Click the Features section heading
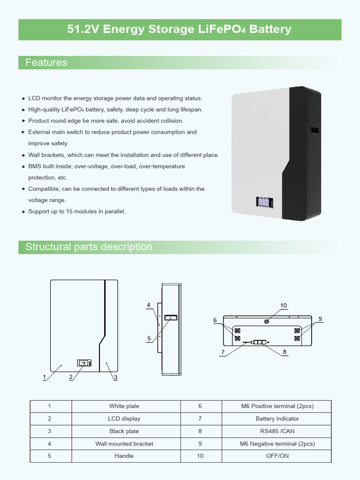(x=46, y=63)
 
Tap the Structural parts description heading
(x=89, y=247)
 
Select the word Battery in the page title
(x=270, y=30)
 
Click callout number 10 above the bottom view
(x=283, y=306)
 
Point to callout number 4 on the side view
(x=149, y=305)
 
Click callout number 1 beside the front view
(x=44, y=377)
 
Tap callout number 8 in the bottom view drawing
(x=285, y=352)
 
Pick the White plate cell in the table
(x=124, y=406)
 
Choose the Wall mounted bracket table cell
(x=124, y=444)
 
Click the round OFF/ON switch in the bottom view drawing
(x=267, y=322)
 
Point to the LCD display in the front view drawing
(x=84, y=363)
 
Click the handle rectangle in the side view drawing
(x=171, y=318)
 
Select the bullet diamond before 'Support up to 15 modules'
(x=23, y=212)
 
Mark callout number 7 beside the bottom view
(x=223, y=352)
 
